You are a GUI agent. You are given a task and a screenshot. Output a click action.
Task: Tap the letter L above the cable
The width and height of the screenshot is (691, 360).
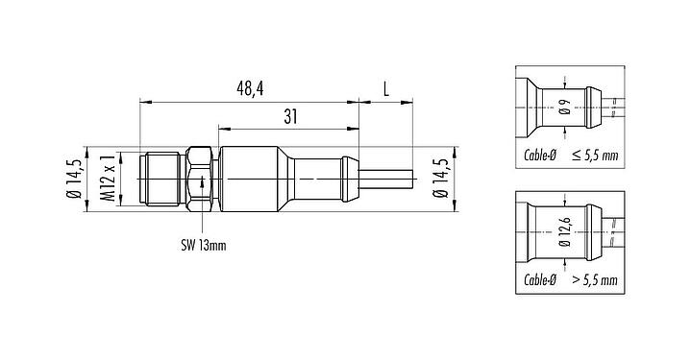pyautogui.click(x=385, y=88)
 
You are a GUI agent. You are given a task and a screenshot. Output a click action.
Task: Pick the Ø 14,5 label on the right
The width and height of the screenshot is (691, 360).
pyautogui.click(x=439, y=180)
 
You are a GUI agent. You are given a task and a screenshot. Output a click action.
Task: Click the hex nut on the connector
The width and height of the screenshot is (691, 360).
pyautogui.click(x=199, y=180)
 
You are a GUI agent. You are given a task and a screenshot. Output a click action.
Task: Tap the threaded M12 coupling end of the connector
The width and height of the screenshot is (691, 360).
pyautogui.click(x=163, y=180)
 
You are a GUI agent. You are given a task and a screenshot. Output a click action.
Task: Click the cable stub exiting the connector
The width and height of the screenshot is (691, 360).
pyautogui.click(x=387, y=180)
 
